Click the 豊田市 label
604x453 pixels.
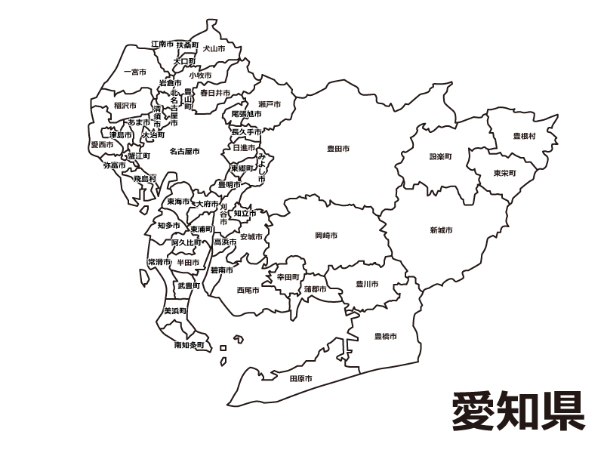pyautogui.click(x=337, y=149)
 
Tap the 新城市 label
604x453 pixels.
pyautogui.click(x=441, y=230)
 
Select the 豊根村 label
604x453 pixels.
pyautogui.click(x=524, y=136)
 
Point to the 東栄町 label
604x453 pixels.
pyautogui.click(x=505, y=174)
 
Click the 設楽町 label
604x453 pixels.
pyautogui.click(x=440, y=157)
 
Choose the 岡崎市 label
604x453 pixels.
pyautogui.click(x=326, y=236)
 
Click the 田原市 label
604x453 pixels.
pyautogui.click(x=300, y=378)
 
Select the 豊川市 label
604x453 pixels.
pyautogui.click(x=367, y=285)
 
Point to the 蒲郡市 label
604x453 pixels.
pyautogui.click(x=316, y=289)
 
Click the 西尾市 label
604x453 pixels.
pyautogui.click(x=248, y=290)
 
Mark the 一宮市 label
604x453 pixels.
pyautogui.click(x=135, y=72)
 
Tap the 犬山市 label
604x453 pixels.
pyautogui.click(x=214, y=48)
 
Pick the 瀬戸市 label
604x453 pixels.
pyautogui.click(x=269, y=103)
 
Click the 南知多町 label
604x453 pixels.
pyautogui.click(x=189, y=345)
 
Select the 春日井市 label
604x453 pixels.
pyautogui.click(x=215, y=93)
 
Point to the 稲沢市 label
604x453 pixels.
pyautogui.click(x=125, y=106)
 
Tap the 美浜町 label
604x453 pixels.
pyautogui.click(x=175, y=310)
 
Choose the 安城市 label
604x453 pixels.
pyautogui.click(x=251, y=237)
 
